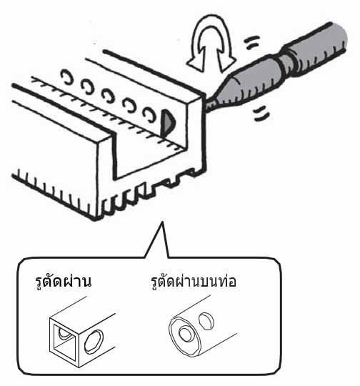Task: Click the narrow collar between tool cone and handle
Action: point(286,64)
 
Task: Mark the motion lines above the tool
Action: point(252,42)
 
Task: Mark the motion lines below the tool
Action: point(262,113)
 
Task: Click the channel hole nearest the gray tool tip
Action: point(149,114)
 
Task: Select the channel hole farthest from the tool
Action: point(67,76)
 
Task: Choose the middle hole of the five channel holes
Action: point(109,96)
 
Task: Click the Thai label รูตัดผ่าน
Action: point(63,282)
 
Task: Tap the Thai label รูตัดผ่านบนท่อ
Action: point(194,282)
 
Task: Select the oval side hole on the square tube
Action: point(94,342)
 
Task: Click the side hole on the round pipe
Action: point(206,322)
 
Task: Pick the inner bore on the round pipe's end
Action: point(185,334)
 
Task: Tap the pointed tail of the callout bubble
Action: point(161,222)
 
